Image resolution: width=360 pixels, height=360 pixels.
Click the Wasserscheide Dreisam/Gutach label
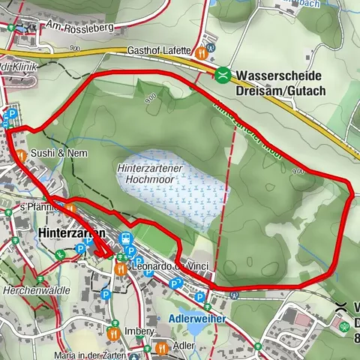279,82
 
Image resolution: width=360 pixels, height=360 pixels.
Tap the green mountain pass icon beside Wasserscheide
223,75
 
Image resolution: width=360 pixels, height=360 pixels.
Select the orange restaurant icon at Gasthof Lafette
201,53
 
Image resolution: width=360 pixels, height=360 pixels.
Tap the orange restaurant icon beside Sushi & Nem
22,156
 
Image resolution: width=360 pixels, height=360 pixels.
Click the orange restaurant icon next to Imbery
113,331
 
